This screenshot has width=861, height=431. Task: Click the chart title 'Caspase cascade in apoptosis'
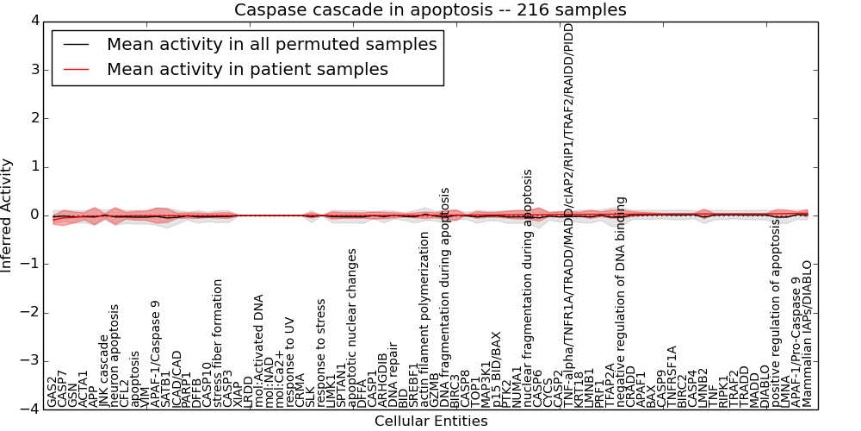430,10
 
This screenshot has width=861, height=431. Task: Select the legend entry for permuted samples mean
271,44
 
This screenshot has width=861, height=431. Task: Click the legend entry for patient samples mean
247,69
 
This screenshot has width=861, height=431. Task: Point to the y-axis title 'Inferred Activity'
7,215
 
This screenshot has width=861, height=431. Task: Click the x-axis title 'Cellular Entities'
430,422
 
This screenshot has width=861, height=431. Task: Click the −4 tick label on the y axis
29,409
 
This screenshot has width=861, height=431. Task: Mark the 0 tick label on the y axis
34,215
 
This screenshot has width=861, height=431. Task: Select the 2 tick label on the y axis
34,117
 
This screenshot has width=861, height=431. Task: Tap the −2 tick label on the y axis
29,312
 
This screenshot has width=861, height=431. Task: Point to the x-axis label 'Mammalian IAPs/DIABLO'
807,334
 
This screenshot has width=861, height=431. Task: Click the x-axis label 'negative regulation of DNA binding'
621,303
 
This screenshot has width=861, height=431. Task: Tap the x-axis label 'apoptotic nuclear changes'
352,328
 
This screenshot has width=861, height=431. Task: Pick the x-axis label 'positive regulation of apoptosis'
776,314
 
